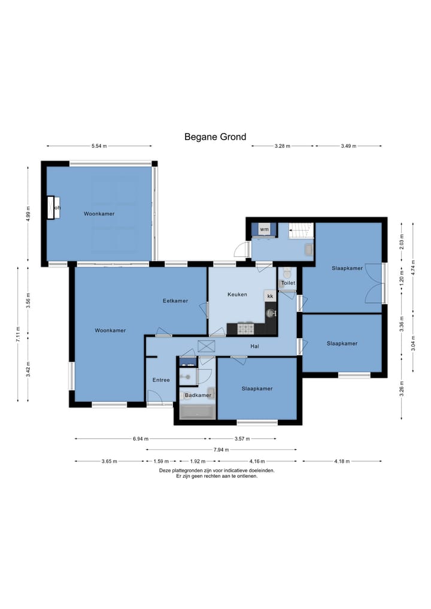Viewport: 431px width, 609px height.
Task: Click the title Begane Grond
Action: click(215, 137)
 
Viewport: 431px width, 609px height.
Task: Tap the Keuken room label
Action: click(237, 295)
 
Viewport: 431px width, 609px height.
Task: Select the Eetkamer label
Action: click(175, 301)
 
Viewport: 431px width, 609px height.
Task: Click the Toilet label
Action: click(288, 283)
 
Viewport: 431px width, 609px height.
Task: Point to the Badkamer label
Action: click(198, 395)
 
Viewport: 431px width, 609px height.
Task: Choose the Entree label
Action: click(161, 380)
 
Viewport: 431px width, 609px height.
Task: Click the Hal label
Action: click(255, 346)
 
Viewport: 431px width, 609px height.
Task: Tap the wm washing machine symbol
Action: click(264, 229)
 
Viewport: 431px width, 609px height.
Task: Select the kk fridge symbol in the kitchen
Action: click(270, 296)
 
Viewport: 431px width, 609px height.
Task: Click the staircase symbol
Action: click(301, 231)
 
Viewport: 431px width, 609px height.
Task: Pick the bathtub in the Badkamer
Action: click(198, 412)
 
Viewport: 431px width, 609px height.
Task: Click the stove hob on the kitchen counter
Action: click(245, 329)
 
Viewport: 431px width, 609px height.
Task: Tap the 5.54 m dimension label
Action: click(99, 146)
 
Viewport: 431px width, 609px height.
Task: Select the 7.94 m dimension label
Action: click(221, 450)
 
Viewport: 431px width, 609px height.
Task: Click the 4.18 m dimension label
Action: click(342, 462)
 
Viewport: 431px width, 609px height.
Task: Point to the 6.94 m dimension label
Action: click(141, 439)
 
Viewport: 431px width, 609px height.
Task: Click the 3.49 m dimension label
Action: click(348, 146)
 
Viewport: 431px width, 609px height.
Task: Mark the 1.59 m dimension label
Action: click(161, 462)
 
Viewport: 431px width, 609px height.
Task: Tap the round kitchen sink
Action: click(271, 312)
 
